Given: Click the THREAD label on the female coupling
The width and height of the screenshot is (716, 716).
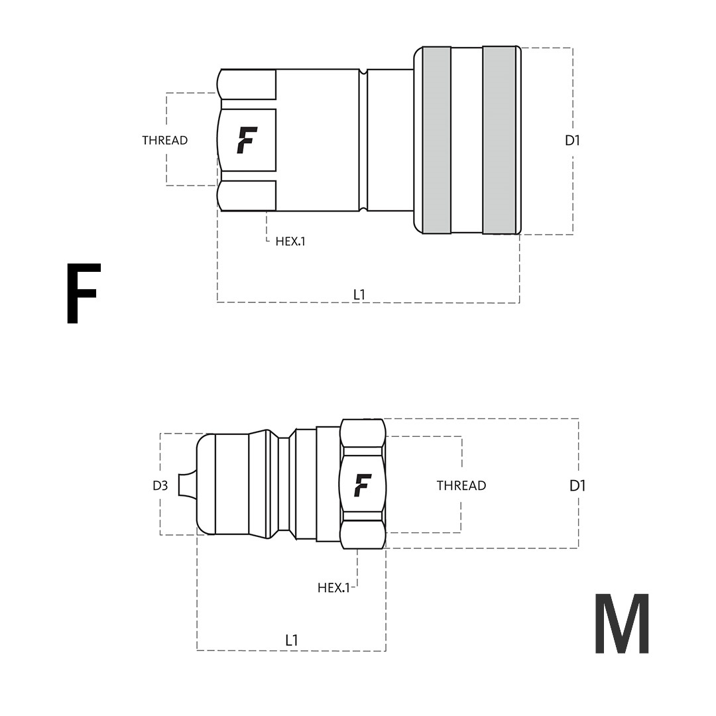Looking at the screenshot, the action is click(165, 140).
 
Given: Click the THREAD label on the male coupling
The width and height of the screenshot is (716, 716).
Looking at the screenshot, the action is click(461, 485).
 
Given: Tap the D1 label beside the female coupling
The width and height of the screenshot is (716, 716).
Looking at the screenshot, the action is click(572, 141).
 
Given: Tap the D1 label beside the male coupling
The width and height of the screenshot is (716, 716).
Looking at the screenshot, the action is click(577, 485).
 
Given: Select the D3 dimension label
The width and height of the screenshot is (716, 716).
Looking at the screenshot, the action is click(160, 485).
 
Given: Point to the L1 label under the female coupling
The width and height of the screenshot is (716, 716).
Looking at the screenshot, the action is click(359, 295).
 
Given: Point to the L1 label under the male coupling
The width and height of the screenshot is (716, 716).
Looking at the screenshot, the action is click(292, 640).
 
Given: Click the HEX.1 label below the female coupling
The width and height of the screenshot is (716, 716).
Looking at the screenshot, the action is click(290, 241).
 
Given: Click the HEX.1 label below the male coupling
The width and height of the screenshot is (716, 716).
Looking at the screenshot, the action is click(333, 587).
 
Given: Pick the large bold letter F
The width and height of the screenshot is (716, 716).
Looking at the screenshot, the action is click(83, 293).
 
